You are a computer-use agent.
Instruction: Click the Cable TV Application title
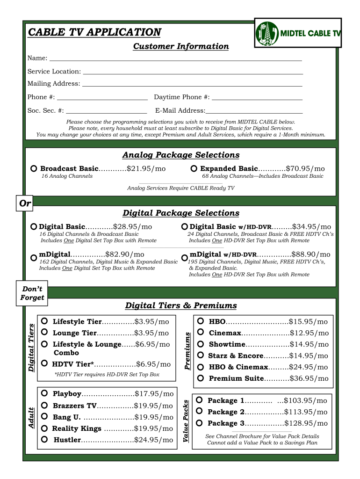tap(94, 32)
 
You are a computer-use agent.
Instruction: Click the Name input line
tap(175, 58)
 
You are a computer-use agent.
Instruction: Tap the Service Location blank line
tap(192, 72)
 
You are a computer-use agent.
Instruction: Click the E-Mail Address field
tap(254, 110)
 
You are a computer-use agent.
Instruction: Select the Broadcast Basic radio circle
tap(34, 168)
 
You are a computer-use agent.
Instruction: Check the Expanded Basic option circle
tap(194, 168)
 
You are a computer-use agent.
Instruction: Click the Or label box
tap(24, 203)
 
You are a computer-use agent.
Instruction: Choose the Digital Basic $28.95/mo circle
tap(34, 226)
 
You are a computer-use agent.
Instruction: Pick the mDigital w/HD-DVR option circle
tap(185, 258)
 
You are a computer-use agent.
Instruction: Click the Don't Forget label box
tap(32, 293)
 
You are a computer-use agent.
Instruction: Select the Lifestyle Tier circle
tap(44, 321)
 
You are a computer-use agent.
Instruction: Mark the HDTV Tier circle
tap(44, 363)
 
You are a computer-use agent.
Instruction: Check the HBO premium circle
tap(201, 321)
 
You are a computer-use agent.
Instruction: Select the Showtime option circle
tap(201, 344)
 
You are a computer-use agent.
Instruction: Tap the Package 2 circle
tap(199, 411)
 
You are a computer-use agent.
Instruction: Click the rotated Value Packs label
tap(186, 421)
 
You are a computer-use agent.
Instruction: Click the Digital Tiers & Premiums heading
tap(181, 305)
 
